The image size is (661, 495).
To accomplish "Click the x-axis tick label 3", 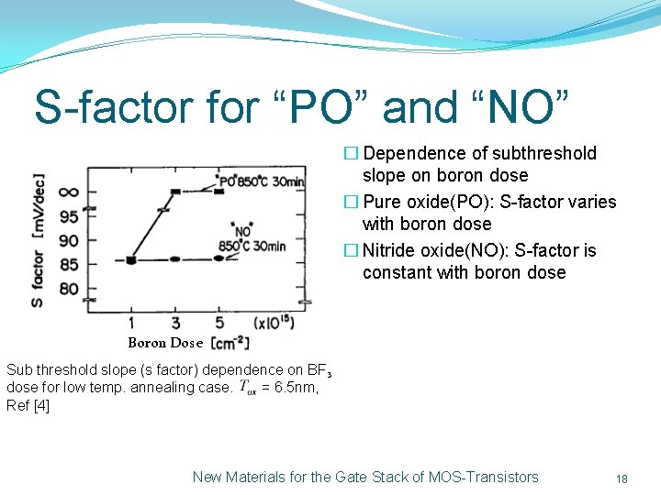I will click(x=175, y=323).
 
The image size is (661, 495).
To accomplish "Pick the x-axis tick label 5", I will click(x=218, y=323).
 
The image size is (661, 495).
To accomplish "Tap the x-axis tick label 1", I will click(x=131, y=323).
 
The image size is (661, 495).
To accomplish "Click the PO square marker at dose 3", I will click(x=175, y=192).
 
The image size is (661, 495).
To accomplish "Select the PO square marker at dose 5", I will click(x=218, y=191).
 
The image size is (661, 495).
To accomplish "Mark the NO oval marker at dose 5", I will click(x=218, y=258).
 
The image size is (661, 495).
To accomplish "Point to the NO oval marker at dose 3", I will click(x=175, y=259).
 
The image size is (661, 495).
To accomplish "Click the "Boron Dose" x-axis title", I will click(x=165, y=343).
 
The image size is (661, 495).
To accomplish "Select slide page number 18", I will click(x=622, y=478).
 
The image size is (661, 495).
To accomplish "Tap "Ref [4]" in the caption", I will click(x=28, y=405).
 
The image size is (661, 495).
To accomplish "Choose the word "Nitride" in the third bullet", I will click(x=393, y=250).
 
